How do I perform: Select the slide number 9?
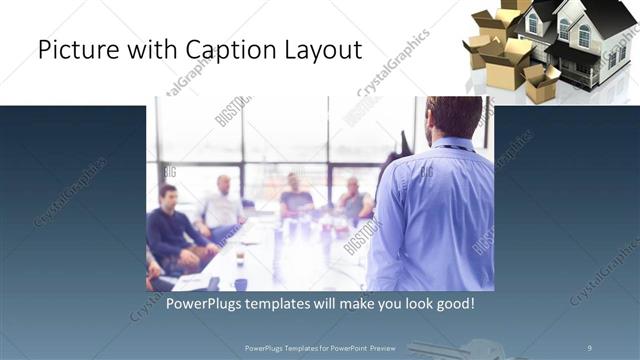click(589, 347)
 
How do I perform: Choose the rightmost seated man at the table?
click(353, 200)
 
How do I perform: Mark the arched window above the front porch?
click(584, 36)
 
